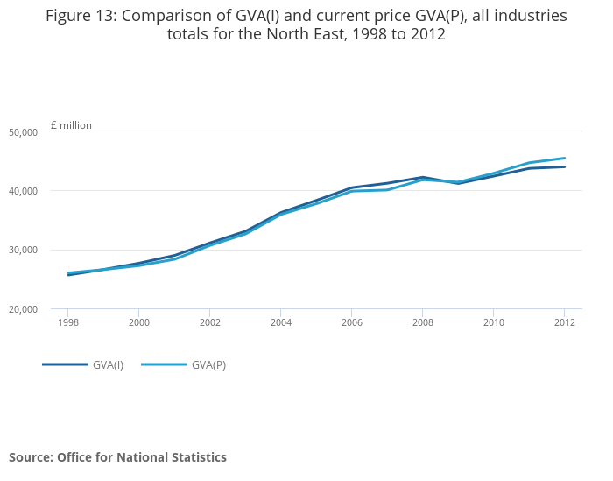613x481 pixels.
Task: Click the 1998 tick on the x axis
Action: (x=67, y=322)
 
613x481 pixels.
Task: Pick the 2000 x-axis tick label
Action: (x=138, y=322)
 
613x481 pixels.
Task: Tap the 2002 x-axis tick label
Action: (x=209, y=322)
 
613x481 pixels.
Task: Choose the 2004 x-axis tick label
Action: (x=280, y=322)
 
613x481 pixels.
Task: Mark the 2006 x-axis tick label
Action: (x=351, y=322)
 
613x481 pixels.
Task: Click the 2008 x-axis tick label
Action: (x=422, y=322)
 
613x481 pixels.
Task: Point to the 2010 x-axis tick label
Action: (x=493, y=322)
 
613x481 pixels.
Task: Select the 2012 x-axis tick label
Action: (x=564, y=322)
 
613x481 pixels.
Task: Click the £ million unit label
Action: (x=71, y=125)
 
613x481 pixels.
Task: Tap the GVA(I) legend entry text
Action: (x=108, y=365)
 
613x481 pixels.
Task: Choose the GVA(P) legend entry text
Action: (x=208, y=365)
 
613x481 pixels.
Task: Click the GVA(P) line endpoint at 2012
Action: (x=564, y=159)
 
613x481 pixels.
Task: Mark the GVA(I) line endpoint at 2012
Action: (x=564, y=166)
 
